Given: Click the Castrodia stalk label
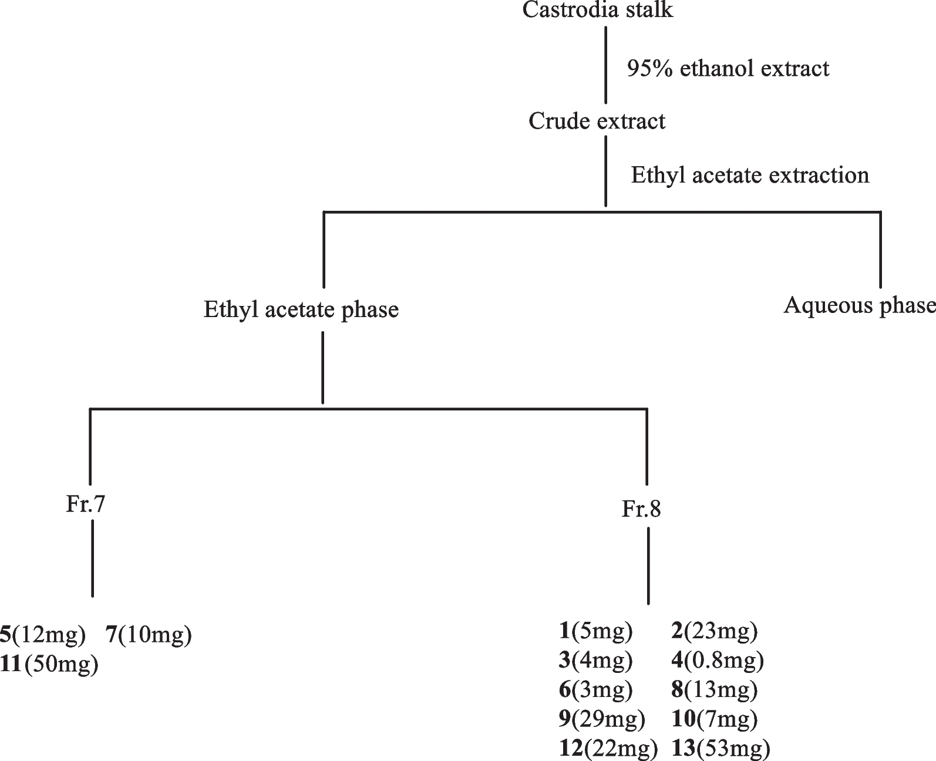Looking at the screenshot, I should [598, 11].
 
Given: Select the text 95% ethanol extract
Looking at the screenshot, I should [728, 69].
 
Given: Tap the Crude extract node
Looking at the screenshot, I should [597, 122].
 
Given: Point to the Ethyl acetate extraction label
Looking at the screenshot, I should [750, 176].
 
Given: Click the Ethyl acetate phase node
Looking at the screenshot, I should [301, 309].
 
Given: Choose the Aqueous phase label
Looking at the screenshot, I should [860, 306].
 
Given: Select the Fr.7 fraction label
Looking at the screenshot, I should [86, 504].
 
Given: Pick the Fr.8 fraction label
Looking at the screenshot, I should [641, 509].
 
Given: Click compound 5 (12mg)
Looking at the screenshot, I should [43, 634].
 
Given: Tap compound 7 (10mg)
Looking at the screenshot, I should [149, 634].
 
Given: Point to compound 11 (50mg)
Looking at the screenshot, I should [49, 664].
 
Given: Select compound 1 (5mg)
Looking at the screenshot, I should [595, 631].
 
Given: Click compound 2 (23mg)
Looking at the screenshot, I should [714, 631].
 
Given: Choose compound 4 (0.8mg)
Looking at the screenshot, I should [718, 661].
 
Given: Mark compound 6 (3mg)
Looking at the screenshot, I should [595, 689].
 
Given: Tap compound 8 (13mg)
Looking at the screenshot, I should [714, 689].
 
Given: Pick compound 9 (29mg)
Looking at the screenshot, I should [601, 718].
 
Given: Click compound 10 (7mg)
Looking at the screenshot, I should [714, 718].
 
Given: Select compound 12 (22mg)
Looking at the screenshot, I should [607, 748].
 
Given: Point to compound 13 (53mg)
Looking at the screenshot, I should [720, 748].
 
